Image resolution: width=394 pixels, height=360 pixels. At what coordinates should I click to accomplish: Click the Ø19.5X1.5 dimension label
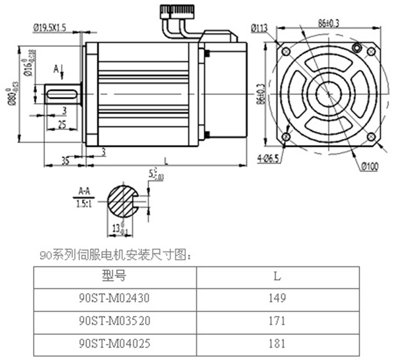(50, 28)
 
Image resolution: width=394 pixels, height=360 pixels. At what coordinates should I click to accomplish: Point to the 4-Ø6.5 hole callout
(268, 159)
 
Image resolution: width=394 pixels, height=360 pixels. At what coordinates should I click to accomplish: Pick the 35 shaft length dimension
(65, 160)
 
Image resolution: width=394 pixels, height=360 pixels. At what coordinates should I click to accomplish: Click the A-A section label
(84, 191)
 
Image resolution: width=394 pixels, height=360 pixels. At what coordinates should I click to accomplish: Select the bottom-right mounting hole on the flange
(371, 136)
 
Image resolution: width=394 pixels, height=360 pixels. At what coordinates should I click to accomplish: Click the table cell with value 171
(277, 321)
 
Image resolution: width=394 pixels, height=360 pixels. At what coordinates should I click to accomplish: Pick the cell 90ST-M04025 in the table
(114, 344)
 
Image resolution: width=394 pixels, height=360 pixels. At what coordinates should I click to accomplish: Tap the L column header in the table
(277, 277)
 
